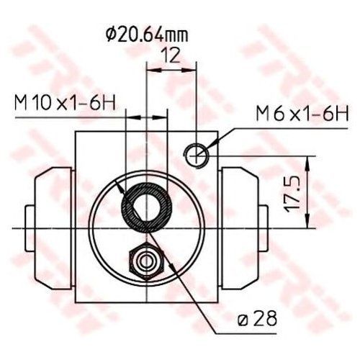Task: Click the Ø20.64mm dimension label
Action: [x=147, y=35]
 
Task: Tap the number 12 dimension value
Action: [x=171, y=56]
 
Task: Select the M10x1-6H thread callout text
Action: [x=66, y=103]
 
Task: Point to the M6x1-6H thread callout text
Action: [x=302, y=114]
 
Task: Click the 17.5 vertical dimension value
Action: [x=292, y=194]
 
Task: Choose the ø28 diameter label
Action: [x=257, y=318]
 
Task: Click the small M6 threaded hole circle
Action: [x=197, y=156]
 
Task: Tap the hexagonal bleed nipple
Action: [x=146, y=261]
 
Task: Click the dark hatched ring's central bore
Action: [x=146, y=207]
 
